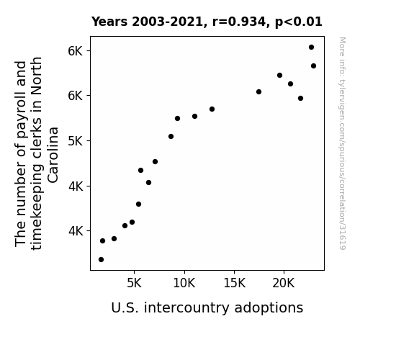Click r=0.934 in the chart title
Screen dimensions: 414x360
[239, 22]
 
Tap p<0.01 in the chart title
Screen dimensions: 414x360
[299, 22]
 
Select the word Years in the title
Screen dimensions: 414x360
[109, 22]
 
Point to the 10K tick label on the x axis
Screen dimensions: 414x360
[184, 284]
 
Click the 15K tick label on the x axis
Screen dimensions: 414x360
[235, 284]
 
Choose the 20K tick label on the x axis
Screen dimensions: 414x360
[284, 284]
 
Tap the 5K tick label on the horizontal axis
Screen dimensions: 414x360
[134, 284]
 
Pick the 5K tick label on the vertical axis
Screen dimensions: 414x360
[76, 141]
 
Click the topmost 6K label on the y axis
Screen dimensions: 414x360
[76, 51]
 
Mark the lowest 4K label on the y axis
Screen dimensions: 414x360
[76, 231]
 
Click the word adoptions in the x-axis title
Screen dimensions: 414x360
[269, 308]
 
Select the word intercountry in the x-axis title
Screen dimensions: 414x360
[187, 307]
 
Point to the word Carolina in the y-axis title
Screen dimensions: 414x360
[53, 155]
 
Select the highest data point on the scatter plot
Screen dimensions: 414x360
[311, 48]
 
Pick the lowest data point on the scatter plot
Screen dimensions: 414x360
[101, 260]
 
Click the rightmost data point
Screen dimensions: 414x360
[313, 66]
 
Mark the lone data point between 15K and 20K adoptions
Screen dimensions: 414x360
[258, 92]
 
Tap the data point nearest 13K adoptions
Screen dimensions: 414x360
[212, 109]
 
